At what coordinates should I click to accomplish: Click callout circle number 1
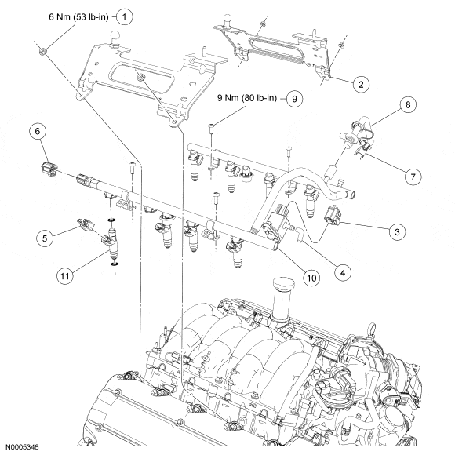coord(125,16)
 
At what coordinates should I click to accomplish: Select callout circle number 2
coord(361,85)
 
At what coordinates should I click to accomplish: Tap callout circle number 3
coord(397,232)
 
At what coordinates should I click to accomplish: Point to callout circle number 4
coord(343,272)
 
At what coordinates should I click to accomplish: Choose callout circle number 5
coord(45,238)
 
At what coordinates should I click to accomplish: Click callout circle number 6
coord(38,131)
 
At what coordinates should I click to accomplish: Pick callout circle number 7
coord(413,177)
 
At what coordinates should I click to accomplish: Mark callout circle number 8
coord(408,104)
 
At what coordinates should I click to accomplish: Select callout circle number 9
coord(294,99)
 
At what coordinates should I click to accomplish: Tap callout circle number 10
coord(311,278)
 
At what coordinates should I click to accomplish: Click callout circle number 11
coord(64,275)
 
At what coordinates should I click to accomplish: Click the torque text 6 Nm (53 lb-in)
coord(78,17)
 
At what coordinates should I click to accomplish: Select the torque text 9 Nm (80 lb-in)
coord(247,98)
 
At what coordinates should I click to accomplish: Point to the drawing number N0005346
coord(22,447)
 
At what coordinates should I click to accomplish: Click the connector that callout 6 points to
coord(49,169)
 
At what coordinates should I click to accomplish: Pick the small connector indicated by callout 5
coord(86,224)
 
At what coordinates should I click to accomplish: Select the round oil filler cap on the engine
coord(284,283)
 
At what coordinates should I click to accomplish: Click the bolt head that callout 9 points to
coord(211,126)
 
